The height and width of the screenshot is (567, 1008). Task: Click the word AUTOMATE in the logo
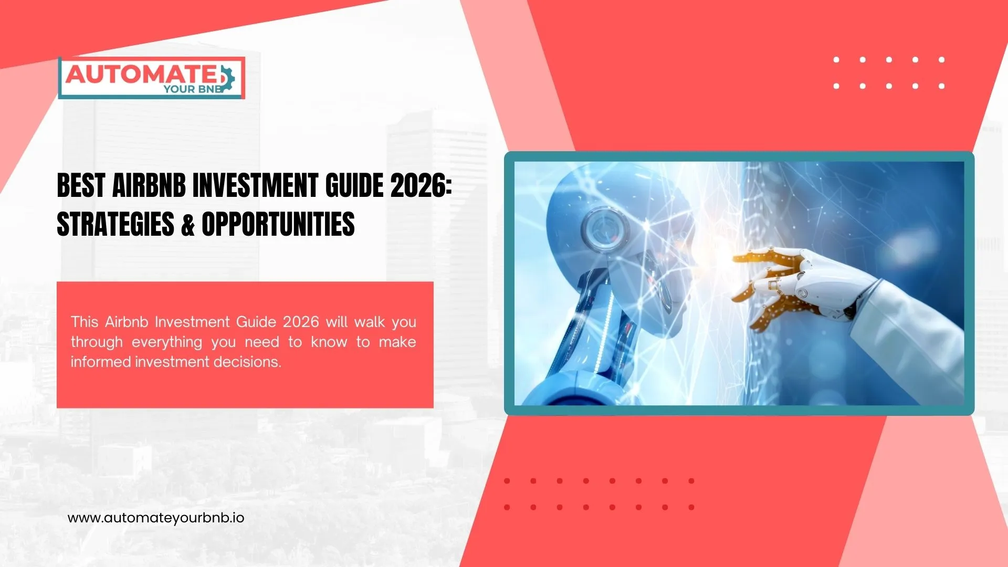point(141,75)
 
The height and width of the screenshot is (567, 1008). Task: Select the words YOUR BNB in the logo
point(193,89)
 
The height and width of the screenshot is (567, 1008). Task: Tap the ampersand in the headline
point(188,225)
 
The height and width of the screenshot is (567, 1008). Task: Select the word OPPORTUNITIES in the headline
point(278,225)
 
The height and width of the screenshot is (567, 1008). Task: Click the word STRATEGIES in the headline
point(115,225)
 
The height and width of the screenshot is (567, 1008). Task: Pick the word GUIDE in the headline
point(354,186)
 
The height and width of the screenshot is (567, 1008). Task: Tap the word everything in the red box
point(167,342)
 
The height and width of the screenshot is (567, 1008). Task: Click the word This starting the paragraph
point(85,322)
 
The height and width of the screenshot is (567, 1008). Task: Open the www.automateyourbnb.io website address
point(156,518)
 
